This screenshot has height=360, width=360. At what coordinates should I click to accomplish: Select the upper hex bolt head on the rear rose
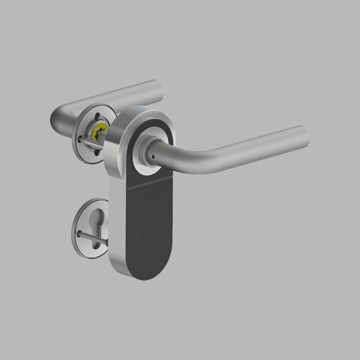[x=97, y=116]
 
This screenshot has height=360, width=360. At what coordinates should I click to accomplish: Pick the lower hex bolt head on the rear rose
[x=96, y=152]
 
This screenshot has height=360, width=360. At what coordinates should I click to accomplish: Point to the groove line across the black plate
[x=149, y=183]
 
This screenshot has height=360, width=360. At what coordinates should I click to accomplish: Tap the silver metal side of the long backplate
[x=117, y=223]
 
